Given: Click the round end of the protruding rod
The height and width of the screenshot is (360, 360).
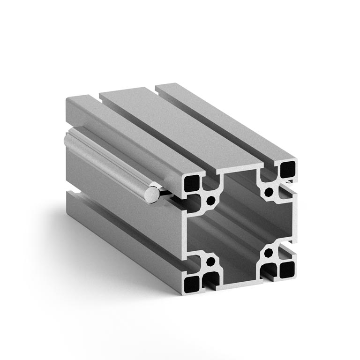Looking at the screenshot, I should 152,194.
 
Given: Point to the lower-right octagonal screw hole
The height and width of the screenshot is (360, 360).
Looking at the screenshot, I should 268,254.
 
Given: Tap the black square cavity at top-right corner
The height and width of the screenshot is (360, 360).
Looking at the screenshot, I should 287,169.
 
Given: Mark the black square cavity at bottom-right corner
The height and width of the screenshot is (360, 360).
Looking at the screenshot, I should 286,269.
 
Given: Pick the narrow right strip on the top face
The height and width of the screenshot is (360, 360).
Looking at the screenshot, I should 225,120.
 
